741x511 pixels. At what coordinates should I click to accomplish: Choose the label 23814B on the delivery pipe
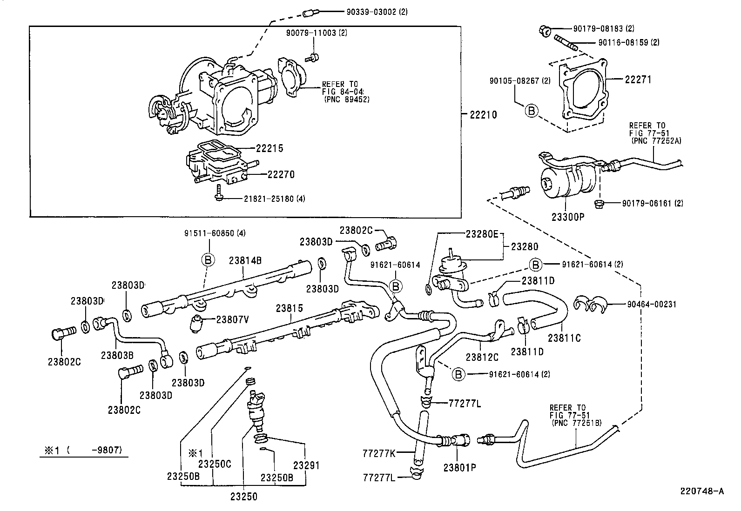click(245, 261)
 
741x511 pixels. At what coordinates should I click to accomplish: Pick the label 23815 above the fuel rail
click(289, 308)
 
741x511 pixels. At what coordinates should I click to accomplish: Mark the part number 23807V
click(233, 319)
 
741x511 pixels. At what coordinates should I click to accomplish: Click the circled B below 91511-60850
click(208, 260)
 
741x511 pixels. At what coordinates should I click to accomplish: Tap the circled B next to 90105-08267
click(532, 111)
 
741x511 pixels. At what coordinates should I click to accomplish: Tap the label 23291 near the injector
click(306, 465)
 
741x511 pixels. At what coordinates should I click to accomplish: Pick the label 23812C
click(482, 357)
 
